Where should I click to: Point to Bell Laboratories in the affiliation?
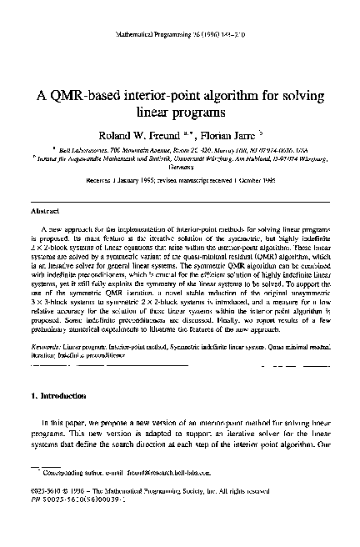click(62, 147)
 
